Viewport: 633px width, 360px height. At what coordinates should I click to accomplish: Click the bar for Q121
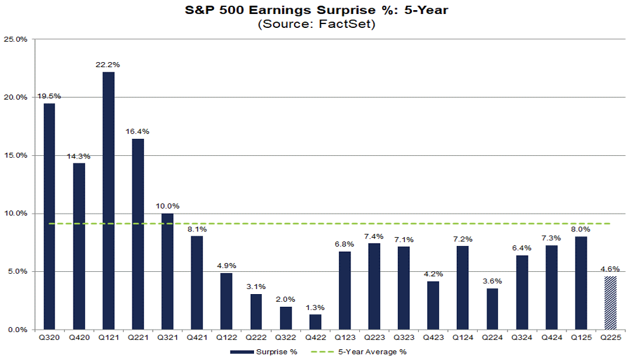[108, 200]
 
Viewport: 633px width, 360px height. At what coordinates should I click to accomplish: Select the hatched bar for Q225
[610, 303]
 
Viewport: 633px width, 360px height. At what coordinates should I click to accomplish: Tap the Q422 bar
[315, 322]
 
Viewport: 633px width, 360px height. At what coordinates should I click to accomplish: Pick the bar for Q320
[49, 216]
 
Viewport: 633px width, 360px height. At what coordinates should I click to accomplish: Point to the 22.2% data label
[108, 65]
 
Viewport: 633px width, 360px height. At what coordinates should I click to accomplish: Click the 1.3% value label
[315, 307]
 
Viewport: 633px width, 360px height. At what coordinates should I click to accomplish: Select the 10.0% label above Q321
[167, 206]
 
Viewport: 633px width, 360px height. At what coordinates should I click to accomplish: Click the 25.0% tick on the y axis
[16, 39]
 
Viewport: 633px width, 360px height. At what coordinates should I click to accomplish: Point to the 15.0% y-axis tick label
[16, 155]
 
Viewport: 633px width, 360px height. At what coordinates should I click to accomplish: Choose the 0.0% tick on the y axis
[18, 330]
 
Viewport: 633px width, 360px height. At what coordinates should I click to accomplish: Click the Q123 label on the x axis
[345, 338]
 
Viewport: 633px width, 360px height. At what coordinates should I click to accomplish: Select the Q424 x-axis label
[551, 338]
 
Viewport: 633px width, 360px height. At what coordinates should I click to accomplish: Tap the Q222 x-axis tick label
[256, 338]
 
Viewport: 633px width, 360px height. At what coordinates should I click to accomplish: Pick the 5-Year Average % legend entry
[373, 352]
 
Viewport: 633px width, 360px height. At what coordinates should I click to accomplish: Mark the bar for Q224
[492, 309]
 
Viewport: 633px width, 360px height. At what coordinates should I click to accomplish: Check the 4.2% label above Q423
[433, 274]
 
